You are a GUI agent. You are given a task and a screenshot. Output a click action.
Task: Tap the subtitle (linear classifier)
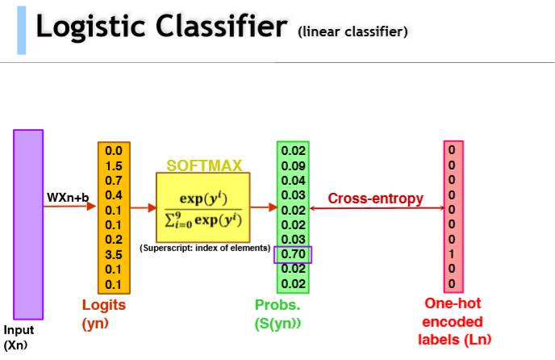353,32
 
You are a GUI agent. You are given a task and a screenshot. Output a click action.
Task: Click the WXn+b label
67,197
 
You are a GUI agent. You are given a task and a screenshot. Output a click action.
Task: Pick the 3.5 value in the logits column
114,255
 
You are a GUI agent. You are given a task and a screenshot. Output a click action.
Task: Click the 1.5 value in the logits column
114,165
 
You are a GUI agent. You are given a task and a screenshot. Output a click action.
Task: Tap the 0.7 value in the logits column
114,179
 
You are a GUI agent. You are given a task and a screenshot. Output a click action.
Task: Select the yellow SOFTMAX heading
204,165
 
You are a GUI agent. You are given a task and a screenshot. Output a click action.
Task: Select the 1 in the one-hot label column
453,254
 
